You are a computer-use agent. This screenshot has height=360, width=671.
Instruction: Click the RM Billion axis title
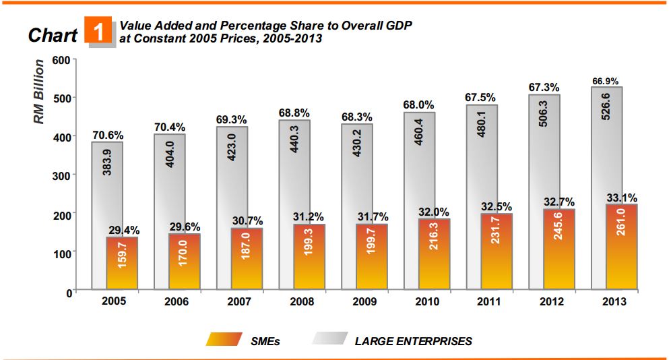(x=40, y=92)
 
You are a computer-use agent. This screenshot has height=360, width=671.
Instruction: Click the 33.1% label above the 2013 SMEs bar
(x=622, y=198)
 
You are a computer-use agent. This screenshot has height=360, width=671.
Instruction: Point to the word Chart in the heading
(x=53, y=35)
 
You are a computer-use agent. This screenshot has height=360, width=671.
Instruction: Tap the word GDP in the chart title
(x=397, y=25)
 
